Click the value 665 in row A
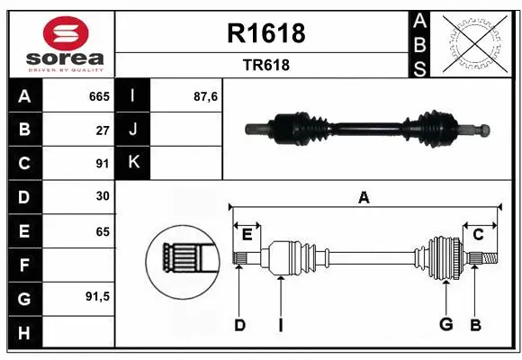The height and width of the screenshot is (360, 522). (x=98, y=96)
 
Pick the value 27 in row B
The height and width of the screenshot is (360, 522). (x=102, y=130)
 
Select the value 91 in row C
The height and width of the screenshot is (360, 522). (x=102, y=164)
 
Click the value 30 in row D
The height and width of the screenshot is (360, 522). (x=102, y=197)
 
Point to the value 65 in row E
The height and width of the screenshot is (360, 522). (x=102, y=231)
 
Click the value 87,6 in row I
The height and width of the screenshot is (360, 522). (x=207, y=96)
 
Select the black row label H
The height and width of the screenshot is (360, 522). (x=23, y=333)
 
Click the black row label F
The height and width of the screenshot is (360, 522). (x=23, y=265)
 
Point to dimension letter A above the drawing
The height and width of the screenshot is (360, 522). (x=364, y=197)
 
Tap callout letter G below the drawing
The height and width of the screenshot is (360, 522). (x=445, y=325)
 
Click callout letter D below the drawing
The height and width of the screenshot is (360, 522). (x=239, y=325)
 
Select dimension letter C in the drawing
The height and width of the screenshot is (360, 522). (x=479, y=235)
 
